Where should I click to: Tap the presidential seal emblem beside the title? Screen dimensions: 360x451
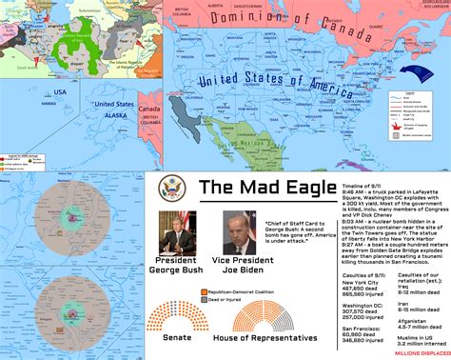pyautogui.click(x=169, y=187)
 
